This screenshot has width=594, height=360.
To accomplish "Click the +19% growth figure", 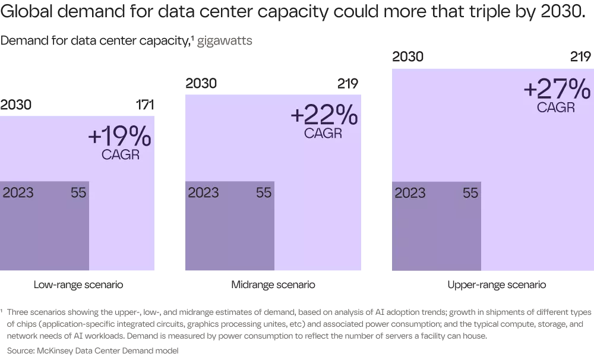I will (x=119, y=137).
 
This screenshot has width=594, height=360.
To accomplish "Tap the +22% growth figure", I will (x=324, y=115).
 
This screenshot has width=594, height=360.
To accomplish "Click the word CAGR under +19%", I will (x=121, y=156).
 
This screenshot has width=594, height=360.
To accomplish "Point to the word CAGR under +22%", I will (x=323, y=133).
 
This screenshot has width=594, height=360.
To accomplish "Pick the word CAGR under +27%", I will (x=556, y=108).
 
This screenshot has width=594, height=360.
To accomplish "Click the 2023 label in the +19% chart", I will (x=18, y=193).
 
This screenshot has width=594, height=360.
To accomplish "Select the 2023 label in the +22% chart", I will (x=203, y=193).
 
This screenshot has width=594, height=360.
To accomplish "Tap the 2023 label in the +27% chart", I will (x=410, y=193).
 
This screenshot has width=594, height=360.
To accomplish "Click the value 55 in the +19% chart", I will (x=78, y=193).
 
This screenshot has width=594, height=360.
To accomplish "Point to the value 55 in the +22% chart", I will (x=264, y=193).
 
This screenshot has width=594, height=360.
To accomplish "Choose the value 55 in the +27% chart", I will (x=470, y=193).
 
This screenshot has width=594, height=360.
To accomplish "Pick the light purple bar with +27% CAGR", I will (x=535, y=196).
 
